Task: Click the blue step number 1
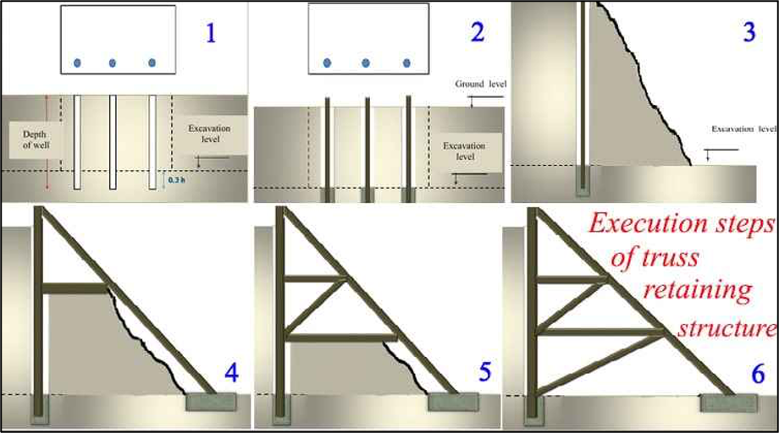pyautogui.click(x=211, y=33)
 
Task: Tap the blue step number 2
pyautogui.click(x=478, y=32)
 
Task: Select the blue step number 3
pyautogui.click(x=749, y=32)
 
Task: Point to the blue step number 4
pyautogui.click(x=231, y=372)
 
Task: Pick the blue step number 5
pyautogui.click(x=485, y=372)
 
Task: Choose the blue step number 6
pyautogui.click(x=758, y=374)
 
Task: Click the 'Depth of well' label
pyautogui.click(x=36, y=140)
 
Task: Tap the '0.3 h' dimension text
pyautogui.click(x=176, y=180)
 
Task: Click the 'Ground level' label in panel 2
pyautogui.click(x=480, y=84)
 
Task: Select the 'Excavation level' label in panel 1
pyautogui.click(x=209, y=134)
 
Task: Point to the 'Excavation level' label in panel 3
pyautogui.click(x=743, y=129)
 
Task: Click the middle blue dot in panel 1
pyautogui.click(x=113, y=63)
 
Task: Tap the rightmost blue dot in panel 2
pyautogui.click(x=407, y=63)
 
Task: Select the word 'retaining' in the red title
pyautogui.click(x=698, y=291)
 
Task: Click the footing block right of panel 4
pyautogui.click(x=211, y=403)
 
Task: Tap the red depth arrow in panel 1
pyautogui.click(x=47, y=142)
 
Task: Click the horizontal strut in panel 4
pyautogui.click(x=75, y=288)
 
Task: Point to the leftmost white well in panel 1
pyautogui.click(x=77, y=142)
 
